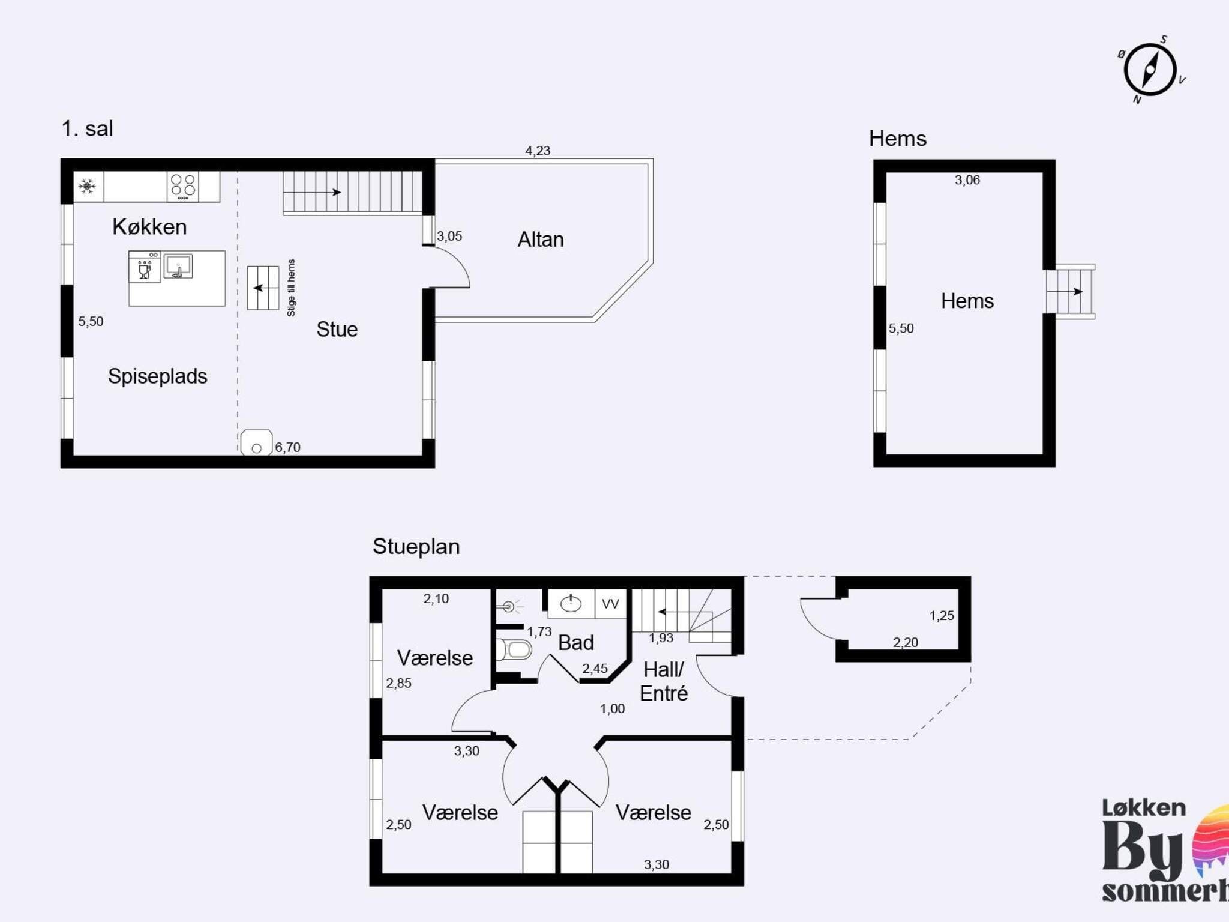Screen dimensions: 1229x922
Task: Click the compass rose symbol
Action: pos(1150,70)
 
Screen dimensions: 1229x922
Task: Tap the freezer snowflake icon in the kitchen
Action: pos(88,187)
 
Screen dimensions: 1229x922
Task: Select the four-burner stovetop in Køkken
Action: pos(183,187)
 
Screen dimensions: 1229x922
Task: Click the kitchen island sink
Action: pos(178,267)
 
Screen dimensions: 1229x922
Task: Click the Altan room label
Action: pos(541,240)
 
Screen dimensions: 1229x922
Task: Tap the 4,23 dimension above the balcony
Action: pos(538,151)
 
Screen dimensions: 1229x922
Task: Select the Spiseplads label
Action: pos(158,376)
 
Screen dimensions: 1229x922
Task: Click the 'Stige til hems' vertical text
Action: pos(292,288)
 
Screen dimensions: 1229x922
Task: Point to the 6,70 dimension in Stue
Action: pos(288,447)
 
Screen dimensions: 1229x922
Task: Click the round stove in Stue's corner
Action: pos(256,442)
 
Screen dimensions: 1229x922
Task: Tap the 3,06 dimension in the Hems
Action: pos(967,180)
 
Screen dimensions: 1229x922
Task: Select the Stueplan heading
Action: pos(416,547)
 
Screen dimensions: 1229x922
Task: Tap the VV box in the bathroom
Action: pos(611,604)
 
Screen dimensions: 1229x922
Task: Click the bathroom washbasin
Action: pos(571,603)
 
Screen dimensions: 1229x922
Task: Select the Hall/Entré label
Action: pos(664,681)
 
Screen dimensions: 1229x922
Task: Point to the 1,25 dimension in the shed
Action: pos(942,615)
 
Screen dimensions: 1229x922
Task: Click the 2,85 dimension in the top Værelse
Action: pos(399,683)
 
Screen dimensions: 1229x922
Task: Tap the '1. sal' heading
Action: pos(88,128)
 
